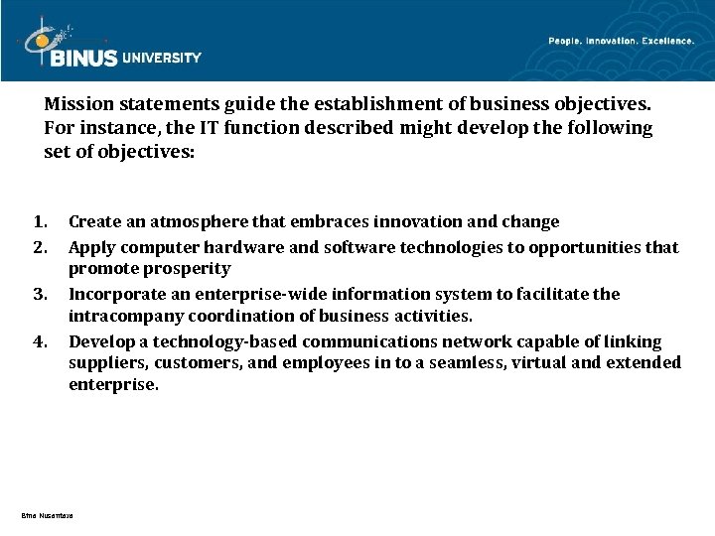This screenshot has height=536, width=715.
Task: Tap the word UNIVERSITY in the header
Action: tap(162, 58)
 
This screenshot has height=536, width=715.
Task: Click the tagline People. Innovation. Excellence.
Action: tap(621, 41)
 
